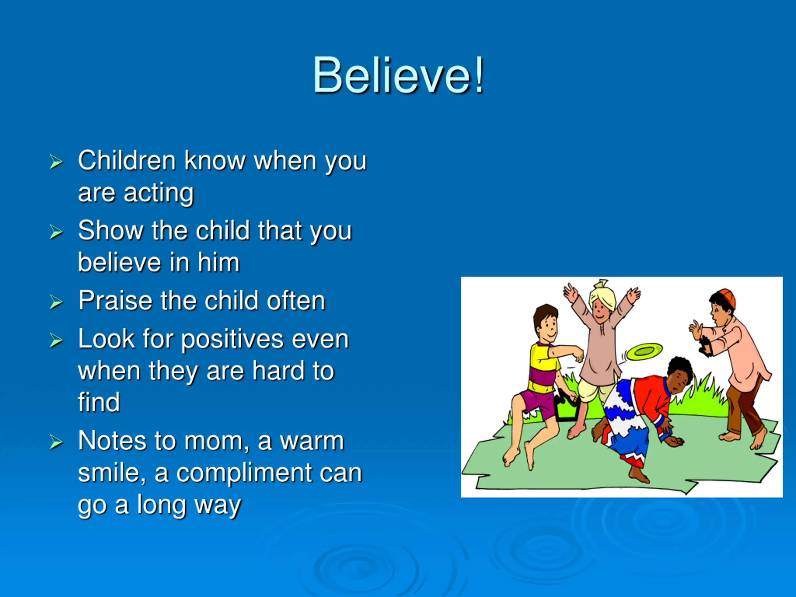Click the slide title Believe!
[x=398, y=76]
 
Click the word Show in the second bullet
[x=110, y=230]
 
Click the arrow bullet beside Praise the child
[x=56, y=302]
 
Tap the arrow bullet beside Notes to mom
[x=56, y=442]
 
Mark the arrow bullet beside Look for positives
[x=56, y=340]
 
